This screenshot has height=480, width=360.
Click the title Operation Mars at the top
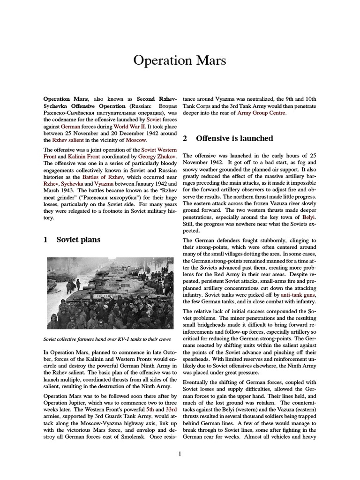tap(180, 61)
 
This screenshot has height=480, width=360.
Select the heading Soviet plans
tap(78, 240)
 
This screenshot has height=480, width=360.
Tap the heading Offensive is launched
tap(234, 138)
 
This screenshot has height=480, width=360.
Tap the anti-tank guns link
tap(298, 295)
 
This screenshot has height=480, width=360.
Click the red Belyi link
tap(307, 218)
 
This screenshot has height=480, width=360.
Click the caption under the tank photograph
tap(107, 339)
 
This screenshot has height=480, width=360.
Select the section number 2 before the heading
tap(185, 138)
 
